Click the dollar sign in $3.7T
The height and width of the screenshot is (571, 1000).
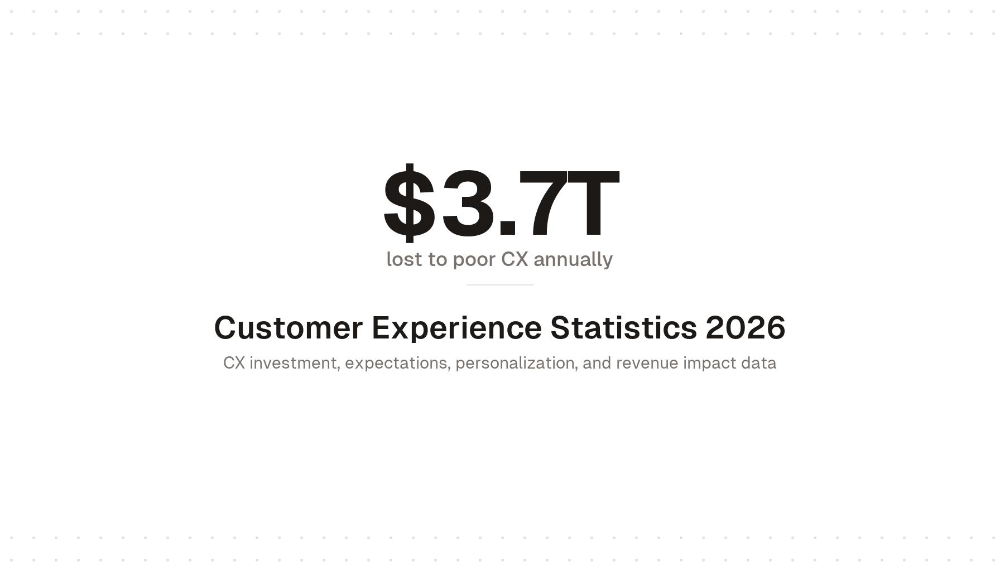409,203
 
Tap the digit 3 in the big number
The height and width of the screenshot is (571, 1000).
468,203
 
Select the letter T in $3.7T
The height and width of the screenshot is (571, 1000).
593,203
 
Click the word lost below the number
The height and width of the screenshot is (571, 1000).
404,259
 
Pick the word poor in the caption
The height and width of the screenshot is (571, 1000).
474,259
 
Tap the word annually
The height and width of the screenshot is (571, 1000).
573,259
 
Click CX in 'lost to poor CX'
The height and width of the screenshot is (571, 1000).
515,259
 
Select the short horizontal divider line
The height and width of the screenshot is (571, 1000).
500,285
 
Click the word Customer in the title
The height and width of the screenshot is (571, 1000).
288,328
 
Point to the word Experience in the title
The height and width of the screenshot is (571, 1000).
456,328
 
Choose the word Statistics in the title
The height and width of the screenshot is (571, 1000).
623,328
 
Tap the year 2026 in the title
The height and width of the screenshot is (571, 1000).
746,328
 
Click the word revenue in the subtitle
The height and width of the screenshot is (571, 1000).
647,363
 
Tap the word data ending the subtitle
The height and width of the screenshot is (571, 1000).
758,363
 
